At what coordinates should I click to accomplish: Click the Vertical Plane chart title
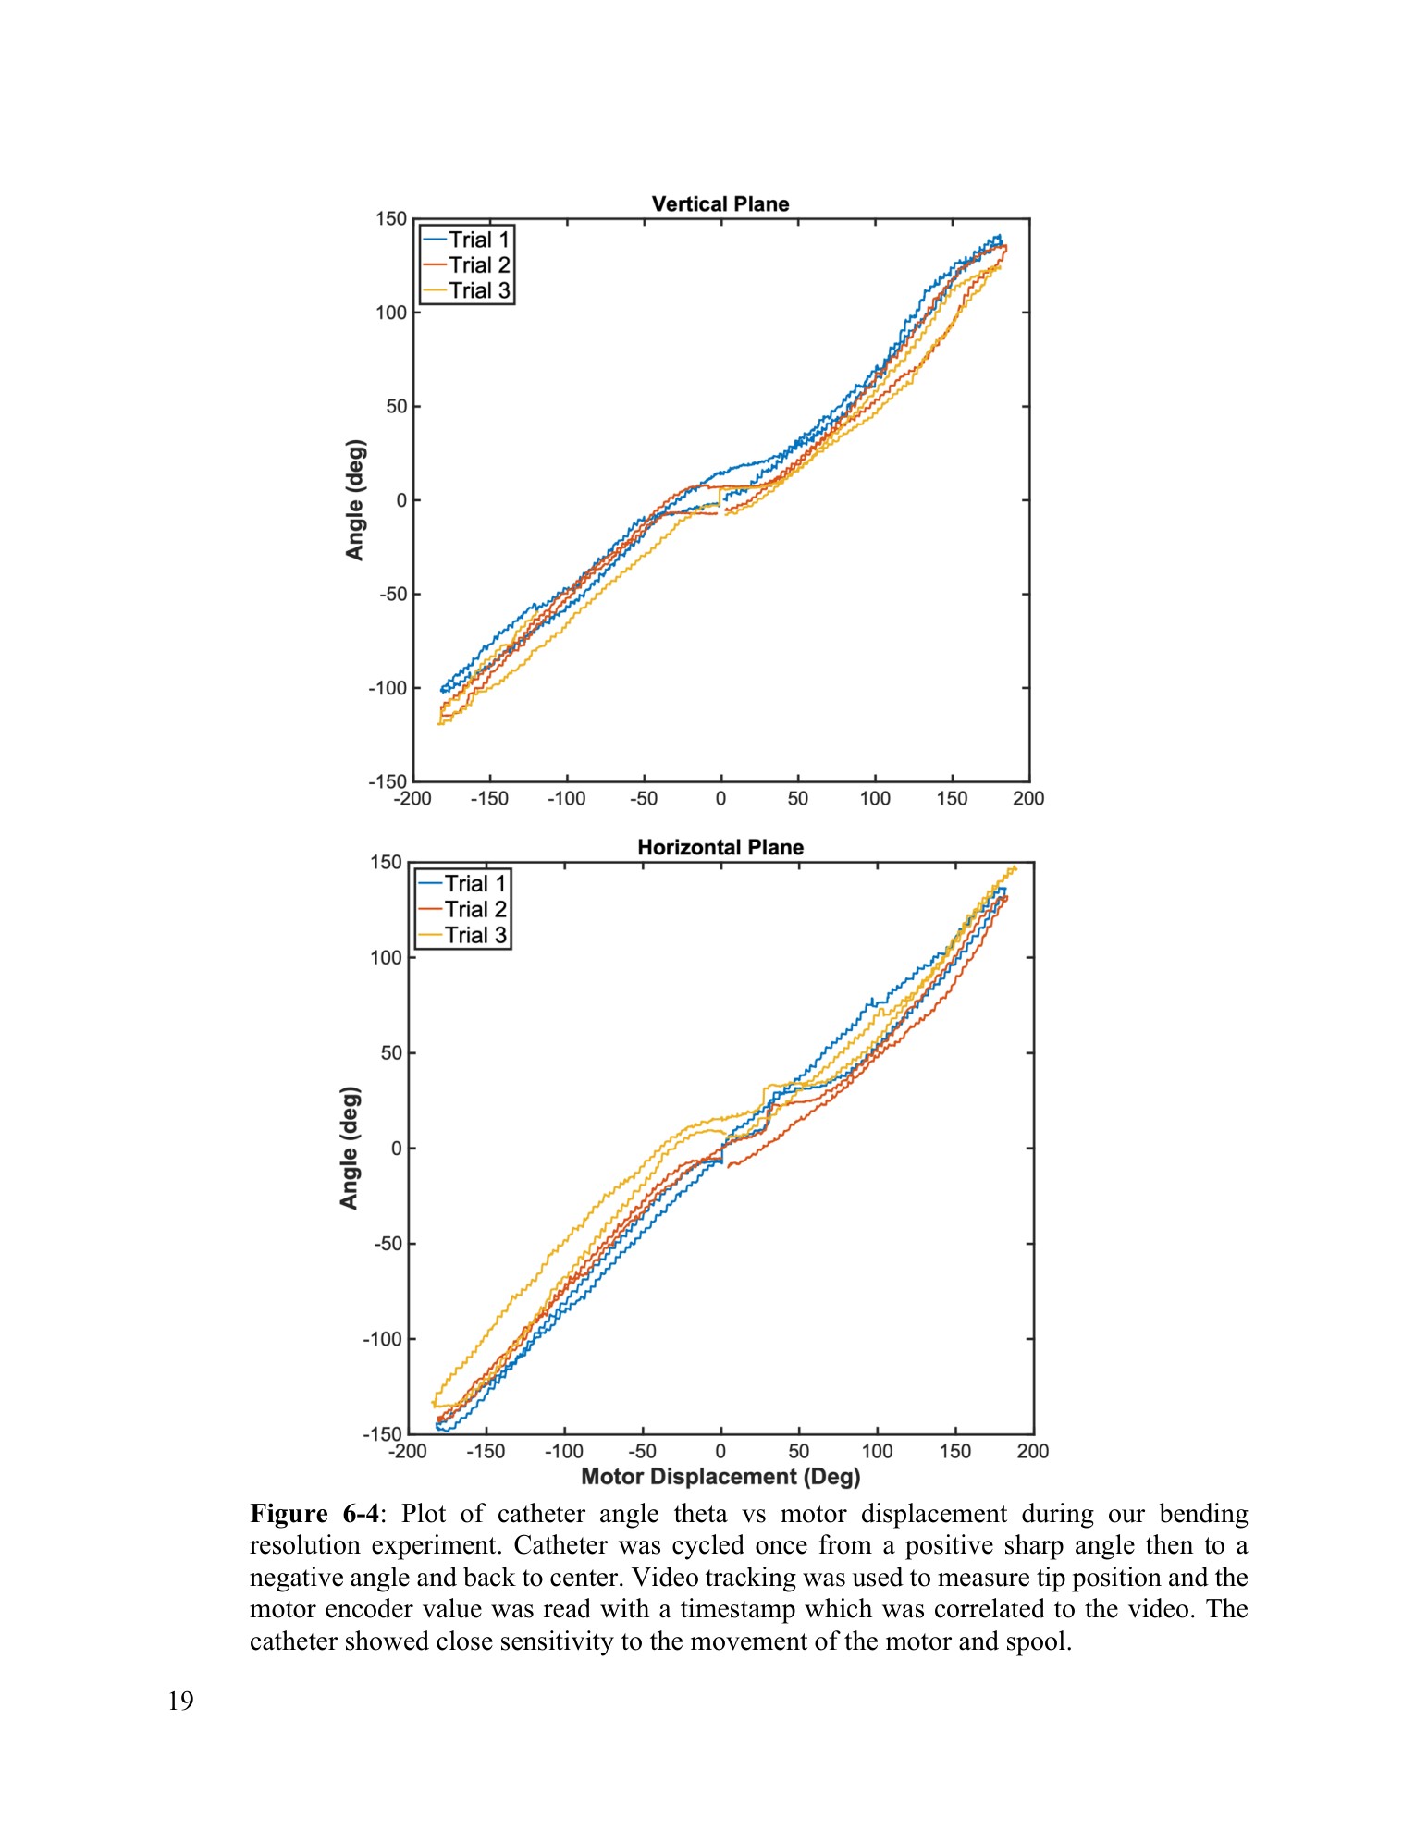(x=720, y=204)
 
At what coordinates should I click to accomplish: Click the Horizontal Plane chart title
(x=720, y=847)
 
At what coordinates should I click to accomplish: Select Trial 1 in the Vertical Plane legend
(x=479, y=240)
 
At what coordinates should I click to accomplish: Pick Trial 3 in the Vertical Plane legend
(x=479, y=290)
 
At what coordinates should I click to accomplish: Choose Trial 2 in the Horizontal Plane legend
(x=474, y=909)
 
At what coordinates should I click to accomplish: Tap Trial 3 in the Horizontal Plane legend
(x=474, y=935)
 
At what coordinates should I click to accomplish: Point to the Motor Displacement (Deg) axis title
(x=720, y=1477)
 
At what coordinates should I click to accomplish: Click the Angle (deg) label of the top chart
(x=355, y=500)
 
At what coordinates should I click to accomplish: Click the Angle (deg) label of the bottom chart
(x=349, y=1148)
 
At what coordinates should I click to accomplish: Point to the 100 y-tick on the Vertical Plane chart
(x=390, y=313)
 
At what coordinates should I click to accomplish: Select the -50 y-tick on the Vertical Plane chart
(x=392, y=595)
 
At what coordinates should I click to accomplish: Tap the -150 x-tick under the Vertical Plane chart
(x=488, y=799)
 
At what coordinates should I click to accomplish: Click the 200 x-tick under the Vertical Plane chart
(x=1027, y=799)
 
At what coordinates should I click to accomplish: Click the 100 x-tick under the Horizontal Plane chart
(x=877, y=1452)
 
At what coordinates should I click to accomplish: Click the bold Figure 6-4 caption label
(x=314, y=1515)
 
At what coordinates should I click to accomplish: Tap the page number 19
(x=181, y=1702)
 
